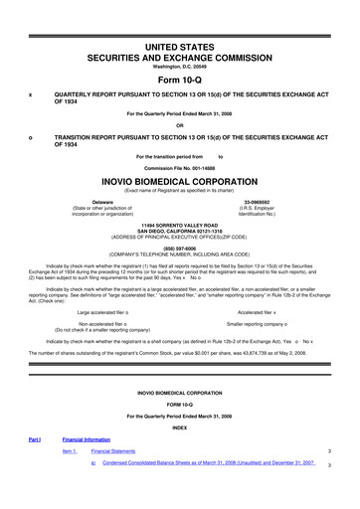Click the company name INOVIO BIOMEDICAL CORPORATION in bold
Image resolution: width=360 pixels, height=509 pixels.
[180, 183]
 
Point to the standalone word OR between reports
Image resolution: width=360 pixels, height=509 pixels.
[180, 124]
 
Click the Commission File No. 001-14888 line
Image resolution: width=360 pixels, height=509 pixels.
[180, 168]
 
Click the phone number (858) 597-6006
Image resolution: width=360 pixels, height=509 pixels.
[180, 248]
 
